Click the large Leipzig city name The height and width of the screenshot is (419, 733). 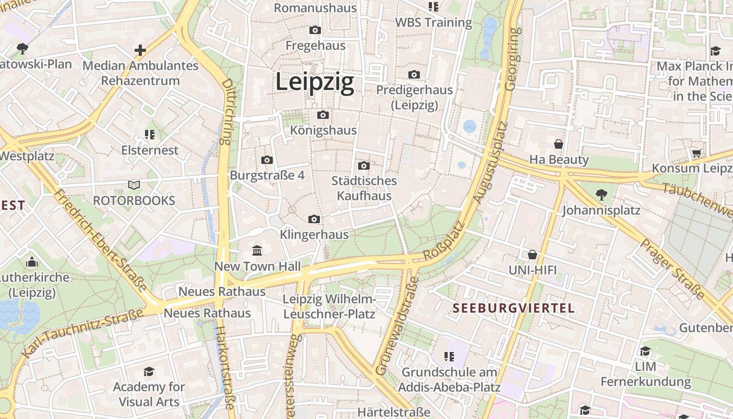pos(315,82)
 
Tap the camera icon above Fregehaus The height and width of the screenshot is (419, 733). pos(315,30)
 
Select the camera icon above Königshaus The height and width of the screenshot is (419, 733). pos(323,115)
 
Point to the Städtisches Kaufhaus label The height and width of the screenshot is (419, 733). pos(364,188)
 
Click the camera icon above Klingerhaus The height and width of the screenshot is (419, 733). pos(314,219)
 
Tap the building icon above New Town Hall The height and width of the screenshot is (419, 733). pos(257,251)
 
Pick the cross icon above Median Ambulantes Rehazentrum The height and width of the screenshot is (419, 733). pos(140,50)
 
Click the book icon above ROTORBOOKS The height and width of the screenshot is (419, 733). pos(134,185)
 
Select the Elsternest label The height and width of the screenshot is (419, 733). pos(150,150)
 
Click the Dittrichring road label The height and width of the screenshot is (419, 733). pos(226,112)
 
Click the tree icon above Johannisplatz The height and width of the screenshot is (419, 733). pos(601,195)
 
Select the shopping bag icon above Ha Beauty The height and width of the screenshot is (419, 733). pos(559,144)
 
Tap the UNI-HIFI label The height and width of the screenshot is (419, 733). pos(532,270)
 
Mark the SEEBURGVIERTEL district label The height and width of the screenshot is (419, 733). pos(514,308)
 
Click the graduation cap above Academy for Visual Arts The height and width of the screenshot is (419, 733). pos(149,372)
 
